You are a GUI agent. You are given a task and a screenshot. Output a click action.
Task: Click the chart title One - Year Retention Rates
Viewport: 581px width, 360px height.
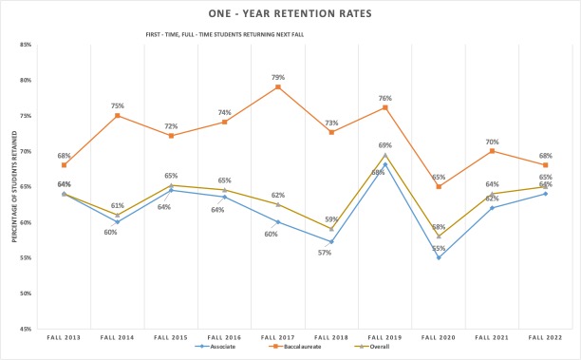click(290, 14)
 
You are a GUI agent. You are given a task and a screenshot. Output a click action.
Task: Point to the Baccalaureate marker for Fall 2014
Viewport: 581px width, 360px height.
click(117, 116)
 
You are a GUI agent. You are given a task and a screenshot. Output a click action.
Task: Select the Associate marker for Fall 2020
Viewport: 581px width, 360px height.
click(439, 257)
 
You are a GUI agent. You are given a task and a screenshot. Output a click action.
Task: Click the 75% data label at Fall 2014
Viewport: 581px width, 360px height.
click(117, 104)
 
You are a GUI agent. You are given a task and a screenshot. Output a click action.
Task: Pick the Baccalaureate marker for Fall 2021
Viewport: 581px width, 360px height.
click(492, 151)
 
